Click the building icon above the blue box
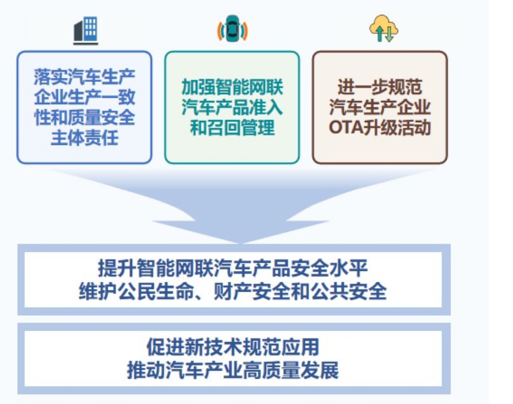tap(85, 30)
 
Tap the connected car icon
tap(232, 29)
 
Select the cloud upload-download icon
tap(383, 29)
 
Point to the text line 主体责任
tap(84, 137)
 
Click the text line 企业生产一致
tap(84, 98)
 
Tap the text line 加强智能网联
tap(232, 88)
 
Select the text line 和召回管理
tap(232, 127)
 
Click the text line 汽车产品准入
tap(232, 107)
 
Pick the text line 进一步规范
tap(380, 88)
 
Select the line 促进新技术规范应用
tap(233, 347)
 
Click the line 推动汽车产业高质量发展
tap(233, 370)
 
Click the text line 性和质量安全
tap(84, 118)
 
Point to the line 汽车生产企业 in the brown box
tap(380, 107)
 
